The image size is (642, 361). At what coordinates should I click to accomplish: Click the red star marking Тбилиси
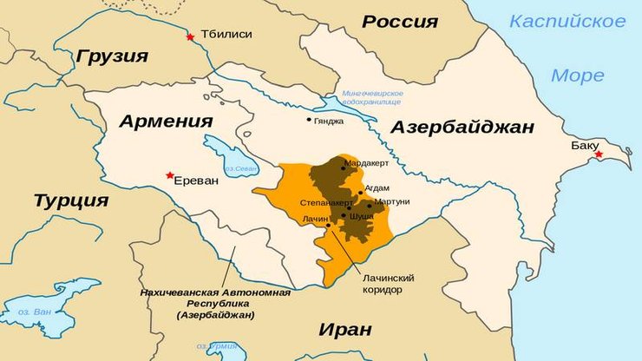pos(190,36)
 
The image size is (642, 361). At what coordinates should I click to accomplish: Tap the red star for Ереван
pos(170,175)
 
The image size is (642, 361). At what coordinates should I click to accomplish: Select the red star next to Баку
pos(598,154)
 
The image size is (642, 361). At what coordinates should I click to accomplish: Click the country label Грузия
pos(112,56)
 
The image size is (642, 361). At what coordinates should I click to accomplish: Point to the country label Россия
pos(400,22)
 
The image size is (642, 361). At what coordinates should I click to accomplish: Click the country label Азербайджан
pos(462,128)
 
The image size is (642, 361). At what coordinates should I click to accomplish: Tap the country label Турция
pos(71,201)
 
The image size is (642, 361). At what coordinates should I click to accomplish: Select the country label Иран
pos(345,329)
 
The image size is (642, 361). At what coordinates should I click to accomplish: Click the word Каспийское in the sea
pos(567,21)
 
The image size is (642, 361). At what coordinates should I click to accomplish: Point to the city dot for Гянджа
pos(309,120)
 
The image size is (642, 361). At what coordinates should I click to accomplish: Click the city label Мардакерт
pos(366,163)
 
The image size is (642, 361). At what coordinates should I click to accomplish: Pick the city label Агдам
pos(377,187)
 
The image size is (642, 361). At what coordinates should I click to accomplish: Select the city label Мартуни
pos(391,201)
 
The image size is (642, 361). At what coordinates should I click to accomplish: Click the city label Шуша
pos(361,216)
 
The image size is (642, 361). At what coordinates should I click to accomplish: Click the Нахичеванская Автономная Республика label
pos(215,304)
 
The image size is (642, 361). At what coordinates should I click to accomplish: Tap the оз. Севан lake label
pos(239,168)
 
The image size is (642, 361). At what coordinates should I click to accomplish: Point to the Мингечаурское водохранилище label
pos(372,97)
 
